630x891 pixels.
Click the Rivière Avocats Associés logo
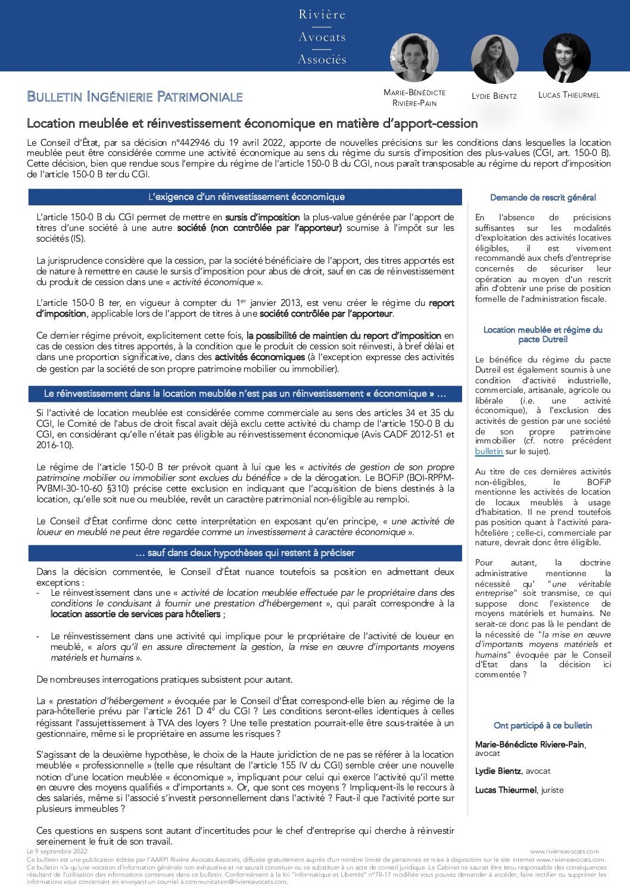(322, 37)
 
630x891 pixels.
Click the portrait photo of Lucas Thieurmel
(566, 58)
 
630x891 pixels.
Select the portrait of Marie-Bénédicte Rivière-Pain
(414, 57)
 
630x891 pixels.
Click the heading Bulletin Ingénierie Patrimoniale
(135, 96)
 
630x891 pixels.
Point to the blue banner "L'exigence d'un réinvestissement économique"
(245, 197)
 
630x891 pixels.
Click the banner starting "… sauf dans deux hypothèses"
(245, 553)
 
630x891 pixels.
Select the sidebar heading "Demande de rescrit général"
(542, 198)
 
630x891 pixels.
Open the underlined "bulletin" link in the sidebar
(489, 452)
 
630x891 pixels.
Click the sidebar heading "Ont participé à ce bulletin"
(542, 726)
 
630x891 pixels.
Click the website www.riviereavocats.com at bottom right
(564, 852)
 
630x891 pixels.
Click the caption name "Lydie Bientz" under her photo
(494, 96)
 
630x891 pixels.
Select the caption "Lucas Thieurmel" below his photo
(569, 95)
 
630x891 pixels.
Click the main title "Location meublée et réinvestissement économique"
(252, 123)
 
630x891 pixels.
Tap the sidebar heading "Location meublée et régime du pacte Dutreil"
(542, 334)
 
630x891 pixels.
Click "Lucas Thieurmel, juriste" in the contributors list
(519, 790)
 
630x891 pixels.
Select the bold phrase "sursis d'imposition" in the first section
(262, 217)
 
